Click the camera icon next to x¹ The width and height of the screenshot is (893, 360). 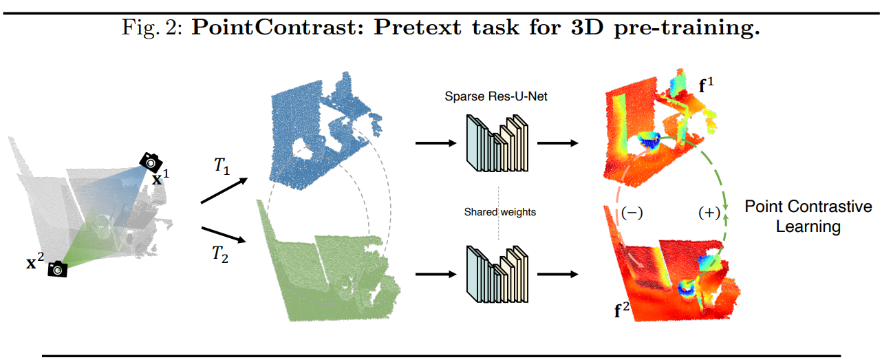(151, 162)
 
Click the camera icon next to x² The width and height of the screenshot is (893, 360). (58, 269)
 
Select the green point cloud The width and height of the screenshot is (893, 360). (323, 275)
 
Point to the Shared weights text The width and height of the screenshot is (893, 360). (499, 212)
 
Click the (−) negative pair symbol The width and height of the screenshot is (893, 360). (632, 213)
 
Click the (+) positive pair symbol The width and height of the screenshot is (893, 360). (709, 213)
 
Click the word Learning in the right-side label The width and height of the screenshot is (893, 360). (808, 226)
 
